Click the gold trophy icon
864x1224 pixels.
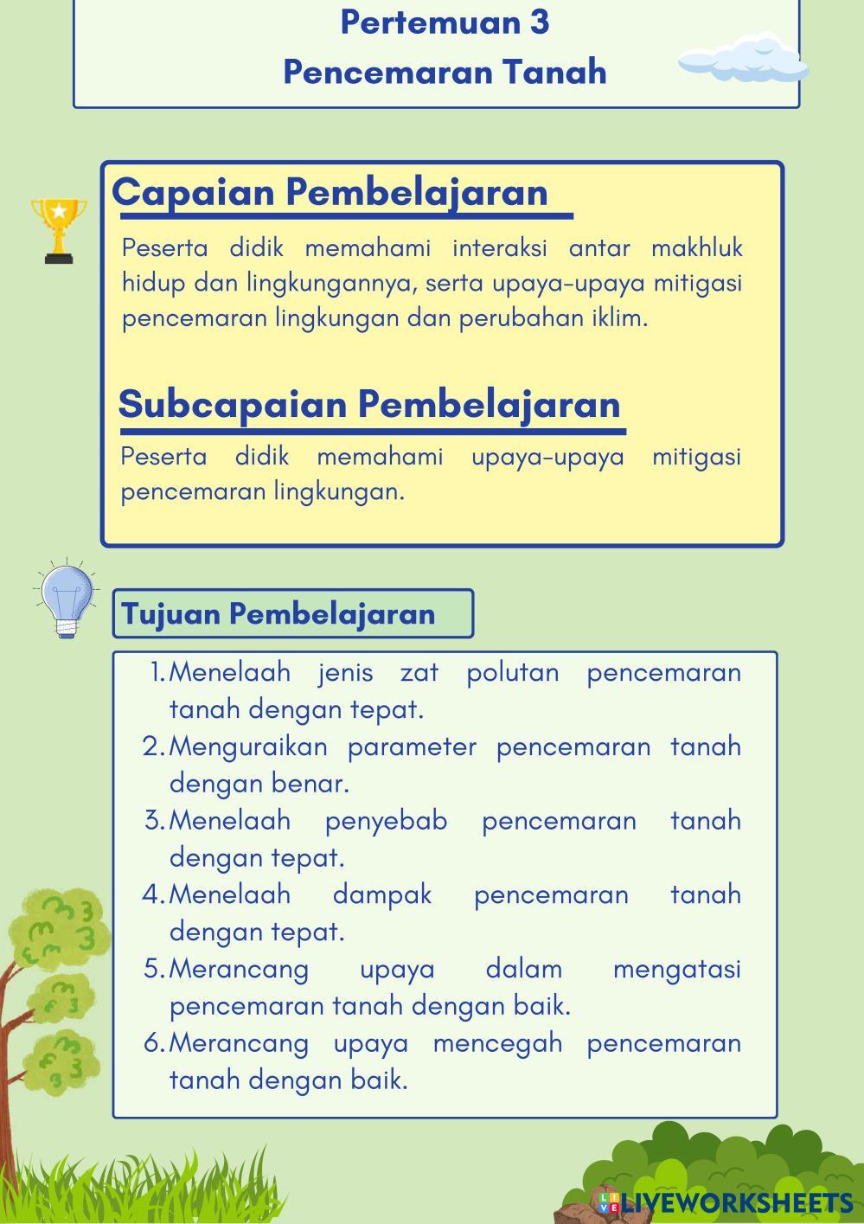[59, 229]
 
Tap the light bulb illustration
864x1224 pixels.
[67, 599]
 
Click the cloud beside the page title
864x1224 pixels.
[743, 61]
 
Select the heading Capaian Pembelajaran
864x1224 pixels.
[330, 192]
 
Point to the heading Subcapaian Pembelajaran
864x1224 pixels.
[369, 404]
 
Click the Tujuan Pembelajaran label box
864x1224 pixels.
[292, 614]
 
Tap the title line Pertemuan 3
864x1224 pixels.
[445, 22]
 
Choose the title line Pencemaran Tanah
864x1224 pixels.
[445, 72]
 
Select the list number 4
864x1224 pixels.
[152, 894]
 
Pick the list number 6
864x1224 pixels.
[153, 1043]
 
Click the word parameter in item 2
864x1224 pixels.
[412, 747]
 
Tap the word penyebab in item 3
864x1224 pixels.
[386, 820]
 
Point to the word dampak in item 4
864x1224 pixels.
[381, 894]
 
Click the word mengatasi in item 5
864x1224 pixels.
[676, 969]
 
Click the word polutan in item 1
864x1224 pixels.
[513, 672]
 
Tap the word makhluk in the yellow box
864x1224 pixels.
[696, 248]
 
